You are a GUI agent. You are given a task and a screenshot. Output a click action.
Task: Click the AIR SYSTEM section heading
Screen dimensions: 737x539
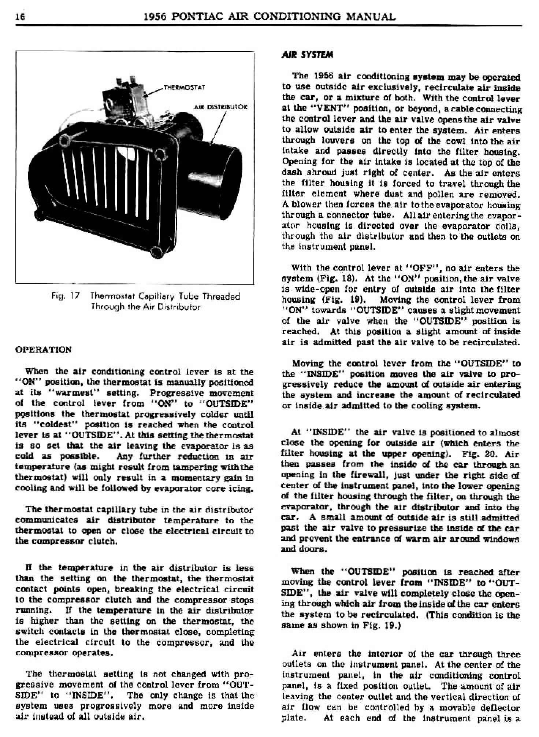[x=307, y=55]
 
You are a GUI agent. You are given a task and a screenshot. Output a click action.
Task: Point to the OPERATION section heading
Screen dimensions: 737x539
[x=43, y=349]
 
